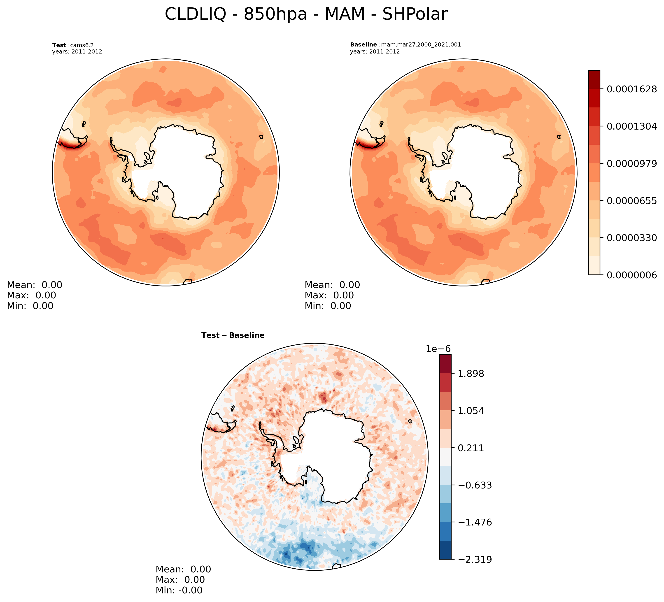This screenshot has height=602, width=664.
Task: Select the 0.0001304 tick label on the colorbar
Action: [632, 126]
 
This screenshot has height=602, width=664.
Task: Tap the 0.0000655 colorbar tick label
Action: [632, 201]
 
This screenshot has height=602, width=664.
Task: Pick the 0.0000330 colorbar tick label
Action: [632, 238]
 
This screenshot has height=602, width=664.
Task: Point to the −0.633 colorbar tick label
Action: [473, 486]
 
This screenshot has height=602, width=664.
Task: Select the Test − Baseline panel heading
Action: [233, 336]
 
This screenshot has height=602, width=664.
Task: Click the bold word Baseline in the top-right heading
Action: [363, 44]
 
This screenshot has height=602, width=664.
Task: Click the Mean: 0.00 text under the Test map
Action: [35, 285]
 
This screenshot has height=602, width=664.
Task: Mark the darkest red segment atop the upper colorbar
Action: [594, 75]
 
